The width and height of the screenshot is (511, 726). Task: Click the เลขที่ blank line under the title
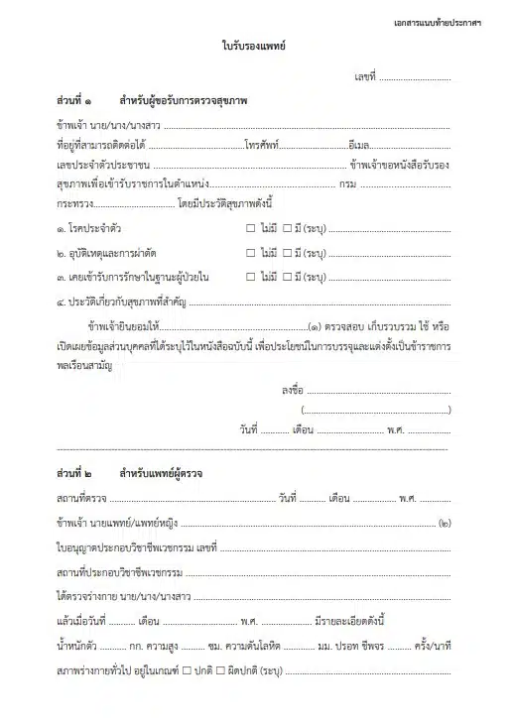(414, 76)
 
